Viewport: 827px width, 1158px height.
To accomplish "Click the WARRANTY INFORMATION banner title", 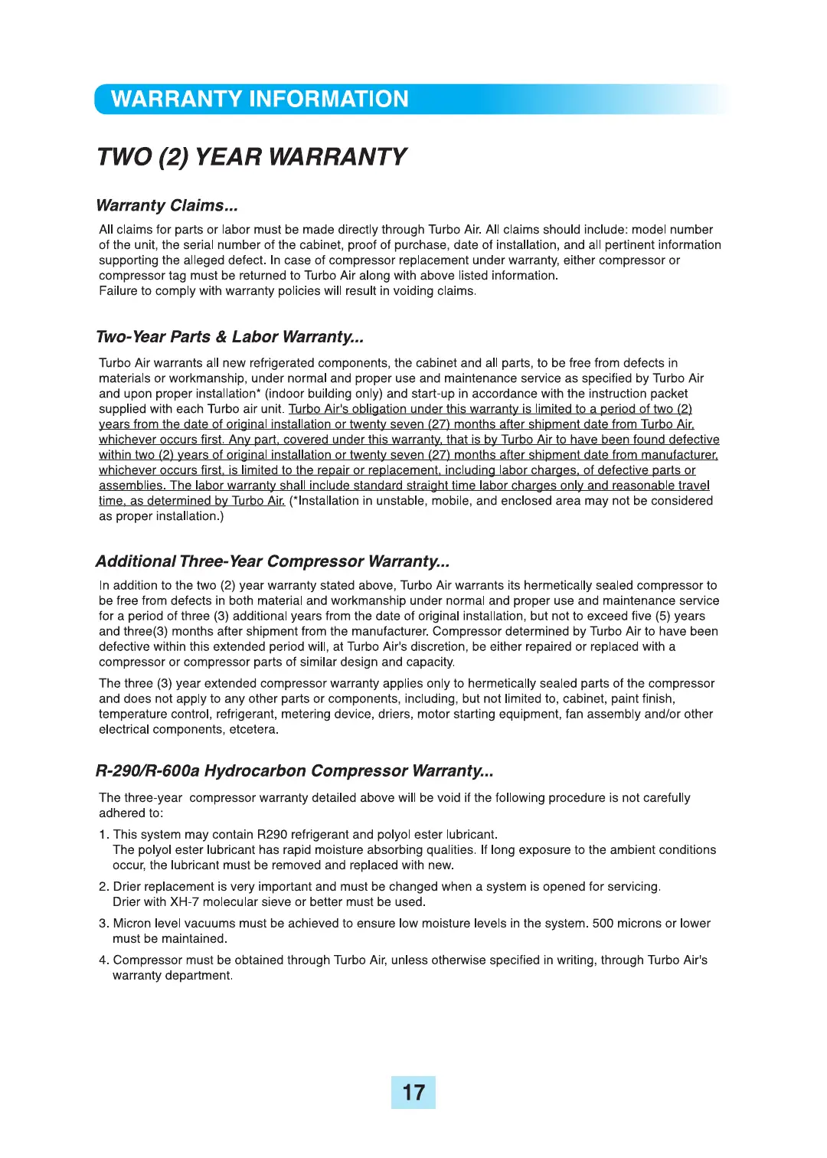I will click(260, 100).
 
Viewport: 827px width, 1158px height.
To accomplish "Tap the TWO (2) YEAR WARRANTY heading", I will click(252, 157).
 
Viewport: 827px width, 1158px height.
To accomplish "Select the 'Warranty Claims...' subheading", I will click(167, 205).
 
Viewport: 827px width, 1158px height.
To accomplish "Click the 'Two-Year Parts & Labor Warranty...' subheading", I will click(230, 337).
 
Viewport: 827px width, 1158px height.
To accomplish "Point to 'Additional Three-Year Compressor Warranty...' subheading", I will click(273, 561).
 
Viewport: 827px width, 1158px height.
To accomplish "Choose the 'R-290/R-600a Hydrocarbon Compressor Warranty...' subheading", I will click(294, 770).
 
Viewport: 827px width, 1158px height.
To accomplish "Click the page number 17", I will click(413, 1092).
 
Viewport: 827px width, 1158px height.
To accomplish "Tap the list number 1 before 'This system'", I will click(103, 835).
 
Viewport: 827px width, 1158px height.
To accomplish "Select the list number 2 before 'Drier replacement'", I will click(103, 887).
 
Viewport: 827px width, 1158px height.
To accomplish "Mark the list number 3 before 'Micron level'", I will click(103, 924).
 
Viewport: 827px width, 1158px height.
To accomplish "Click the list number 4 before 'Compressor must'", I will click(103, 960).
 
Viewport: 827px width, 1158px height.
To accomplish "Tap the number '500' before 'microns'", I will click(603, 924).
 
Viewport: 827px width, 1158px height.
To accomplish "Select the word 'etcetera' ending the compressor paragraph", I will click(253, 730).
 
